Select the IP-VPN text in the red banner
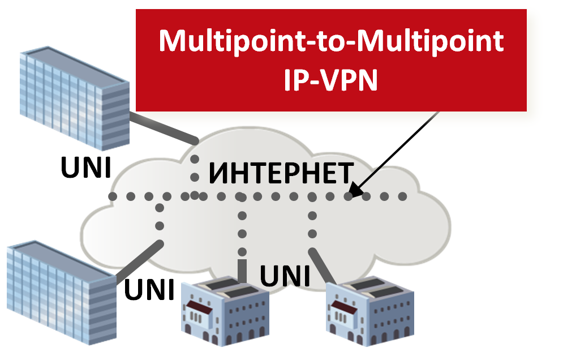click(331, 81)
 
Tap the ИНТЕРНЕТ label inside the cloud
click(281, 173)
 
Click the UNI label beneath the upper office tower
click(86, 167)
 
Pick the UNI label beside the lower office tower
click(149, 289)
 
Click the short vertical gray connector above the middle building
click(243, 271)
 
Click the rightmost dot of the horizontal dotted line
click(402, 196)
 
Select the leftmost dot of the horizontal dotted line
click(113, 196)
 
